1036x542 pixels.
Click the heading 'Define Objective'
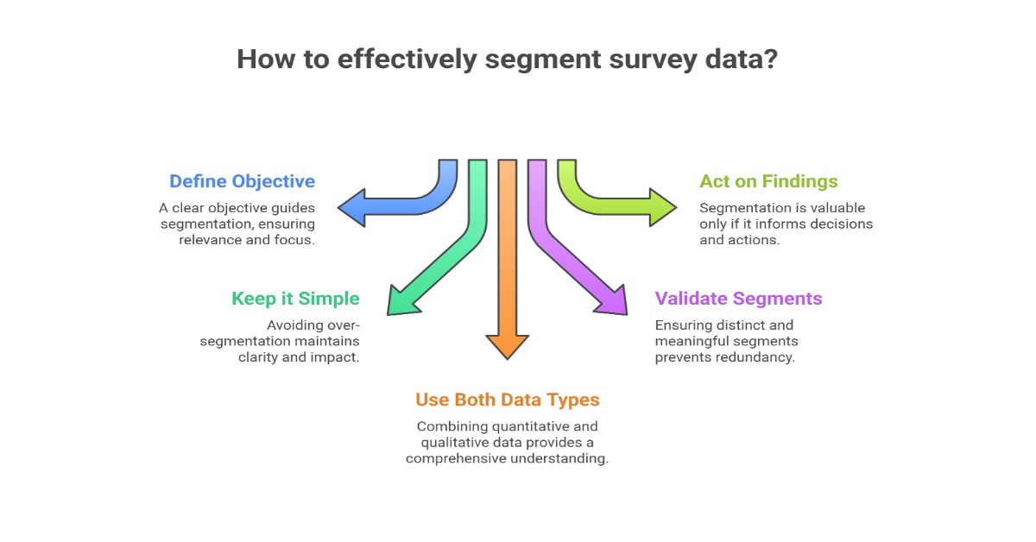[242, 181]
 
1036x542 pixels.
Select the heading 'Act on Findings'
[768, 181]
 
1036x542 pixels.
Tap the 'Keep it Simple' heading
[295, 299]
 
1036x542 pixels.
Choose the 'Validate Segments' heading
[738, 299]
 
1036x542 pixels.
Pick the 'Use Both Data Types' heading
[507, 400]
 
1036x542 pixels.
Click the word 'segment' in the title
[533, 60]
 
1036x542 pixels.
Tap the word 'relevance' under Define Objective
[210, 239]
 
